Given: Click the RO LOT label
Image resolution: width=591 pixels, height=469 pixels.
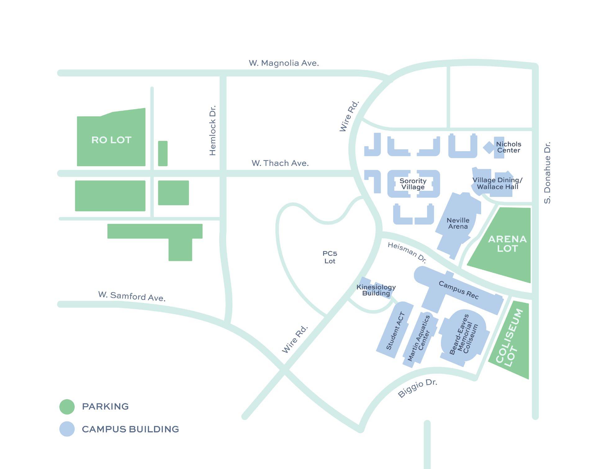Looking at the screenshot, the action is coord(111,140).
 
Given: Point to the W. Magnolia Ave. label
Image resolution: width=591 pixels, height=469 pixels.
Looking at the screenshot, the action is coord(284,63).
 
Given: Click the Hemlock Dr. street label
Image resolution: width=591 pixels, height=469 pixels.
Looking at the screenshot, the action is coord(212,131).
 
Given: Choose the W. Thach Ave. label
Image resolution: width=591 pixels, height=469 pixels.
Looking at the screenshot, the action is coord(280,163).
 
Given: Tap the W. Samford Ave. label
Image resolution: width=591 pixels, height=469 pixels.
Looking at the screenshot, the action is coord(132,296).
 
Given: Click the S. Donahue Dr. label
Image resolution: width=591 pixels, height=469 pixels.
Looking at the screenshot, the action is coord(547,173).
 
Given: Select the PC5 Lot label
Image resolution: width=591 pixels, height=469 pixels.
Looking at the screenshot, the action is coord(330,257).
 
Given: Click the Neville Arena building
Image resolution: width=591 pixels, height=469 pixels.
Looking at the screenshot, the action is coord(458,223).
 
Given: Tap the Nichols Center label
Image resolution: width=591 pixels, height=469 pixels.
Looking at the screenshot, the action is coord(508,147).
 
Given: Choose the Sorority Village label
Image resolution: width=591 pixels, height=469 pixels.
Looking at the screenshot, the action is coord(413,184).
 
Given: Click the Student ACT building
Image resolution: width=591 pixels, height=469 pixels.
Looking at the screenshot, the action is coord(395,331).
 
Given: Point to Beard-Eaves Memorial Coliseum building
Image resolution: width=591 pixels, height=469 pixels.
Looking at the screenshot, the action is coord(464,335).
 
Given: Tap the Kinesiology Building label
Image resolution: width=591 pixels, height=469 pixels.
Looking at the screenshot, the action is coord(376,290).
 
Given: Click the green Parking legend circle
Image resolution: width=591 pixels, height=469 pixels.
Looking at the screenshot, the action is coord(67,407).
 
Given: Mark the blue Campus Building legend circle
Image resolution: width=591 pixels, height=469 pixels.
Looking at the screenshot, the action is coord(67,429).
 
